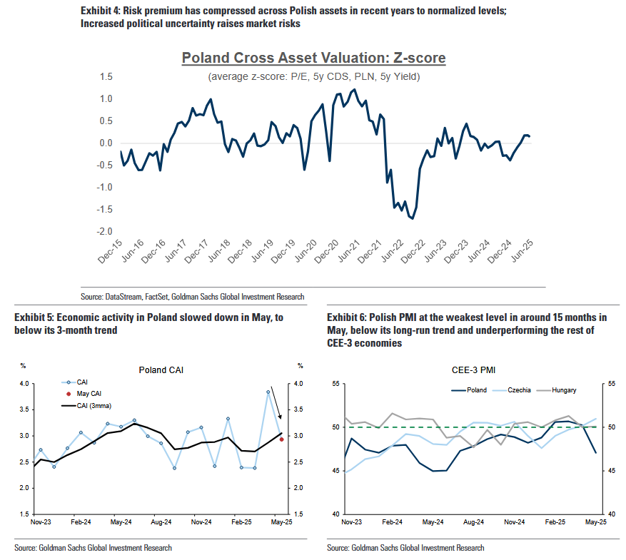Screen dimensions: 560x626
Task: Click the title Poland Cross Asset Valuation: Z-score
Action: [x=313, y=58]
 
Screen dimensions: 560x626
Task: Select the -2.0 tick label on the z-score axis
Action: [x=105, y=232]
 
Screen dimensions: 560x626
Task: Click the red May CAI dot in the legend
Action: [x=68, y=394]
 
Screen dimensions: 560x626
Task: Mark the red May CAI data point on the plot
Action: [x=282, y=439]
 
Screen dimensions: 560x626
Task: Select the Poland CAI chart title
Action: [x=161, y=370]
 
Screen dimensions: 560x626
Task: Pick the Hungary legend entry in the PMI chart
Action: [x=562, y=390]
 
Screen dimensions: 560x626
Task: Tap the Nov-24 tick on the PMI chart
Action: [x=515, y=522]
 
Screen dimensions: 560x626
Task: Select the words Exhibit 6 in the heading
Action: [x=346, y=317]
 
